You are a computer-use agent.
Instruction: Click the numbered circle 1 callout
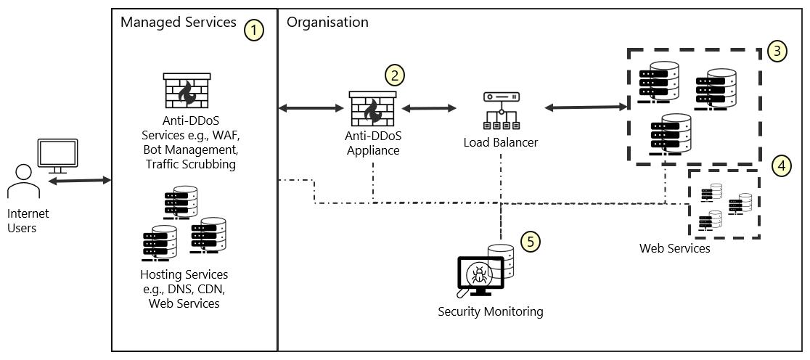coord(253,30)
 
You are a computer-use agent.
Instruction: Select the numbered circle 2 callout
coord(394,75)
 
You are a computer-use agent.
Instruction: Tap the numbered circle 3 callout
coord(777,51)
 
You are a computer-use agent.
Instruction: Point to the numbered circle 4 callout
coord(781,166)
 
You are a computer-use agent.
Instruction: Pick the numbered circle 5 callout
coord(531,241)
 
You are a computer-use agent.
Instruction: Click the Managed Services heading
coord(178,22)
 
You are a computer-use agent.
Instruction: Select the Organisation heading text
coord(327,22)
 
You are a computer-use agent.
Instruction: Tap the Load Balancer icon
coord(501,109)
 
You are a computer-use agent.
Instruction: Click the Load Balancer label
coord(501,142)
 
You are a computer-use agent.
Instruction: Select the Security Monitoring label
coord(491,311)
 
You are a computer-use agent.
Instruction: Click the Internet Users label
coord(28,221)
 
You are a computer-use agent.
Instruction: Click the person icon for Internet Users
coord(23,181)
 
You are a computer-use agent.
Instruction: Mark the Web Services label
coord(674,248)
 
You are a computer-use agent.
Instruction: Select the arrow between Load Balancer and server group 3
coord(586,107)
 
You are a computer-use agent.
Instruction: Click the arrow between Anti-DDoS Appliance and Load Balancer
coord(429,108)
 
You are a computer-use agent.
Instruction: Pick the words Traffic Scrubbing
coord(191,164)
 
